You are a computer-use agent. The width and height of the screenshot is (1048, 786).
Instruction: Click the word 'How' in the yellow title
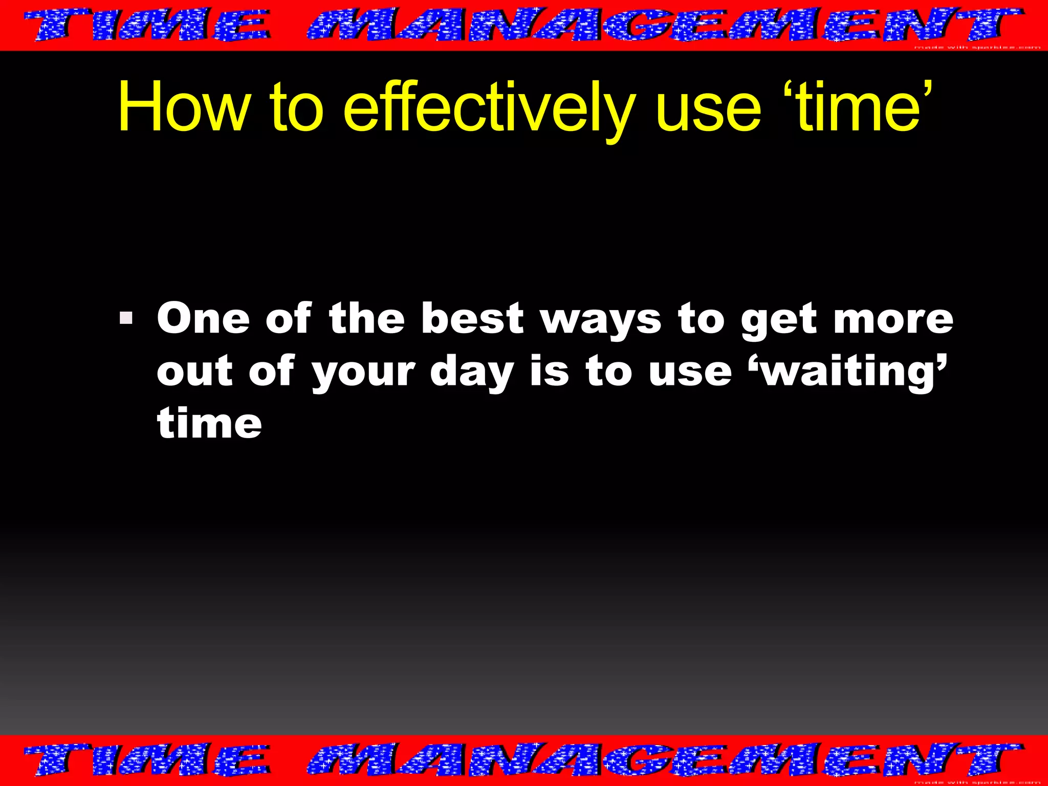[184, 106]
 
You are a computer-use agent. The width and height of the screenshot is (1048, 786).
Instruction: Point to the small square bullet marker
[126, 319]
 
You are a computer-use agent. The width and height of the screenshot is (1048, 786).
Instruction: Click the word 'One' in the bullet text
[203, 318]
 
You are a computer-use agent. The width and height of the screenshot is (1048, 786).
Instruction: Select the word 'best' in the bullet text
[472, 318]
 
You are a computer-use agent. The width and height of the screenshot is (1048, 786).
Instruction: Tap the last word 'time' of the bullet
[209, 423]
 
